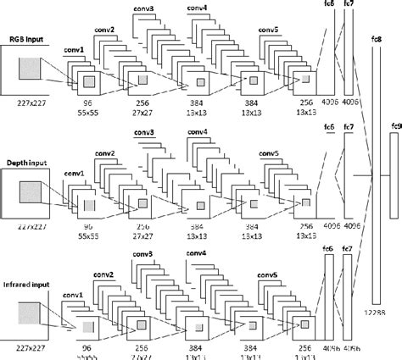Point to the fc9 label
tap(394, 126)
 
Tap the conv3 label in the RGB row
tap(145, 8)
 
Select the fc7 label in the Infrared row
tap(347, 248)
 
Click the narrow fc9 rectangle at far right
tap(394, 178)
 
